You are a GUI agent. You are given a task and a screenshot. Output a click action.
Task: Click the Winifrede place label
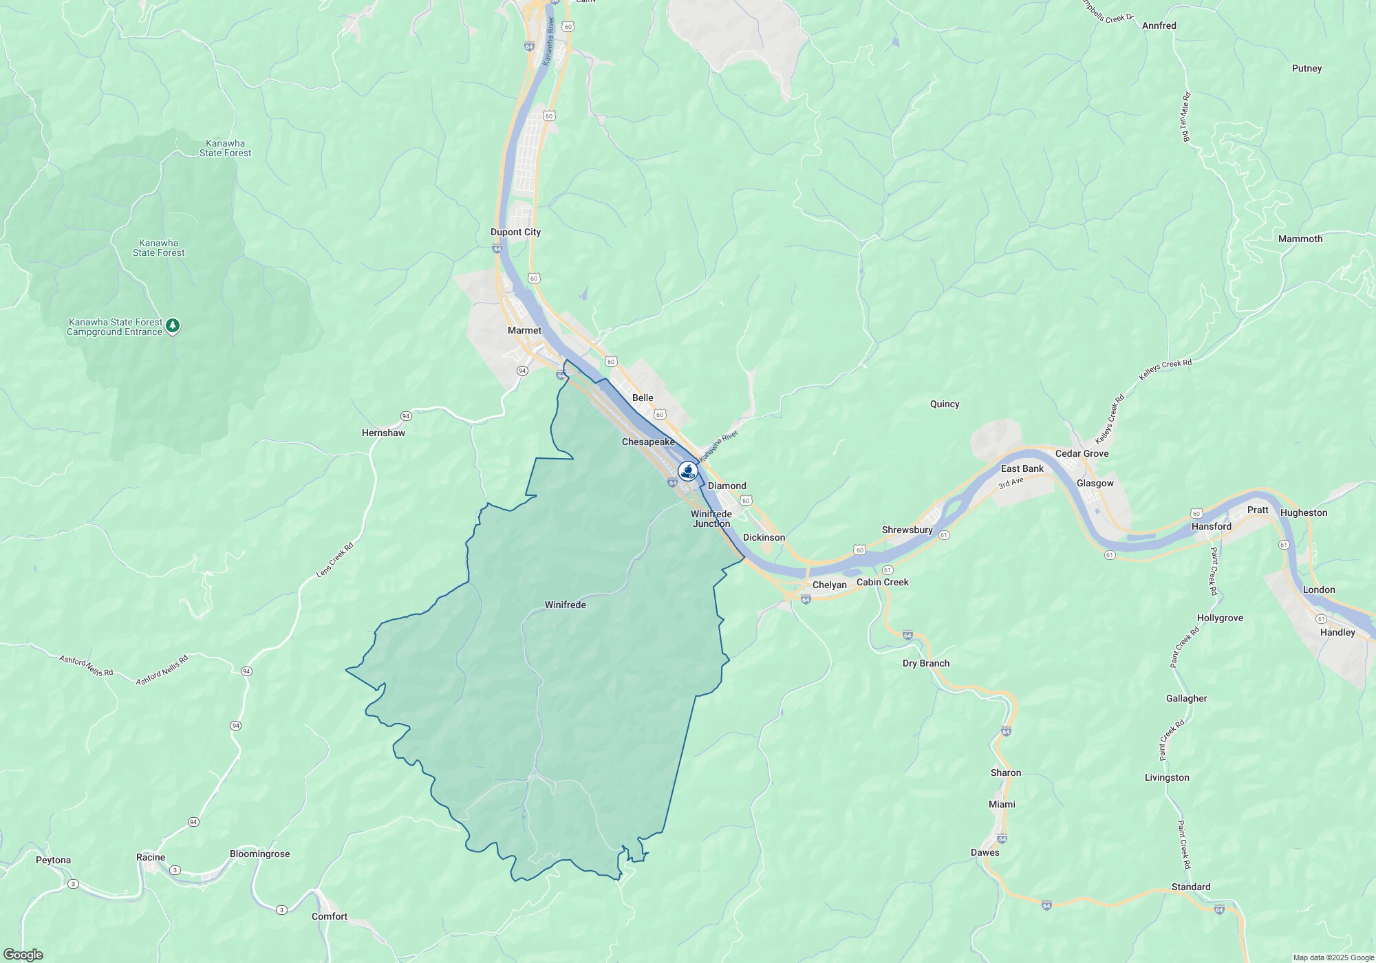pos(565,605)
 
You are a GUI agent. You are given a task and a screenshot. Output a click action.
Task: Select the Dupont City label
pos(515,232)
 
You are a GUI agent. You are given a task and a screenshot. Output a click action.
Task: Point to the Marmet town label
pos(524,331)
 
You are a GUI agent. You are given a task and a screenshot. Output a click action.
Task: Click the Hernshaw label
pos(383,433)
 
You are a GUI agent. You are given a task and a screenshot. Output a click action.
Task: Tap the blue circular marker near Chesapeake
pos(687,471)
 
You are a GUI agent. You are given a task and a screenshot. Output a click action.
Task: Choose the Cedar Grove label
pos(1082,454)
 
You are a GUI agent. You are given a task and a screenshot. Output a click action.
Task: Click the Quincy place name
pos(944,404)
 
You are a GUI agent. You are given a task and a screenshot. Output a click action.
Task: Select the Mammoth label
pos(1300,239)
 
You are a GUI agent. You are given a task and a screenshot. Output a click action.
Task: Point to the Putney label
pos(1307,69)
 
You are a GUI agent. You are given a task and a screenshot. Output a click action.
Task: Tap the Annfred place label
pos(1159,26)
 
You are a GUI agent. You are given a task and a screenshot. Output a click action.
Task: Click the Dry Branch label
pos(925,664)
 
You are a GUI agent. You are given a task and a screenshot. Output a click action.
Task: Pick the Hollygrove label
pos(1219,618)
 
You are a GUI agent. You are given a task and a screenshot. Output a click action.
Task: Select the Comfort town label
pos(329,917)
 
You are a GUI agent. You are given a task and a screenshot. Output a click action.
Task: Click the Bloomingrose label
pos(259,854)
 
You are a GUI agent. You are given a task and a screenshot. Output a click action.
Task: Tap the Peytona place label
pos(53,861)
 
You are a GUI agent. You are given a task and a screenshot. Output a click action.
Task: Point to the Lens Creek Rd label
pos(334,559)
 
